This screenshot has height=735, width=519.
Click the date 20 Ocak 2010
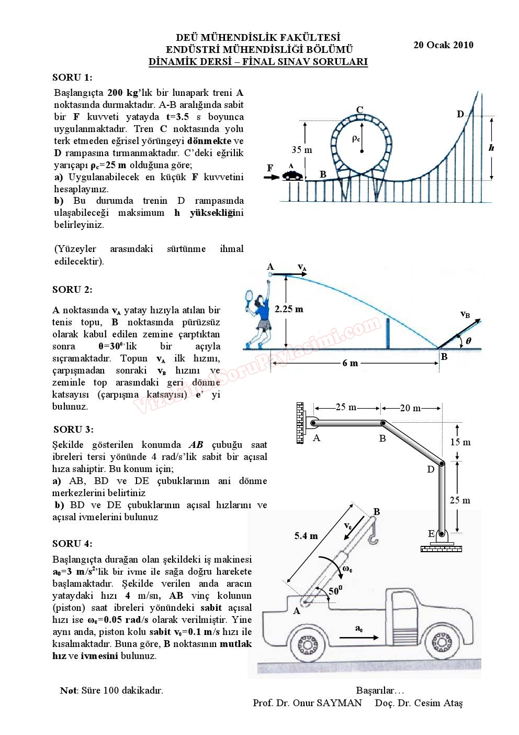443,45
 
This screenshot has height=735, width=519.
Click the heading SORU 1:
72,78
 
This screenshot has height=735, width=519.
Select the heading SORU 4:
72,543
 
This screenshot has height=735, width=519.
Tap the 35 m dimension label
301,150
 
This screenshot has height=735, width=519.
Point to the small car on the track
292,175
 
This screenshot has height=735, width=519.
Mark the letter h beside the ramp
491,148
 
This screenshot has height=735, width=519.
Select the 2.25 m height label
289,309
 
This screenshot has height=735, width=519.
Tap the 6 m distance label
350,363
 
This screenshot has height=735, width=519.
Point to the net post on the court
388,333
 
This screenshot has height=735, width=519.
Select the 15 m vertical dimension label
460,442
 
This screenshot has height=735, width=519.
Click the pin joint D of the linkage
442,464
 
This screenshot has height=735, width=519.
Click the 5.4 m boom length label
306,535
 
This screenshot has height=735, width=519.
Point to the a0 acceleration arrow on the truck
359,637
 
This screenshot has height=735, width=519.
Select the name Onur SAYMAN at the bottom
333,703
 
